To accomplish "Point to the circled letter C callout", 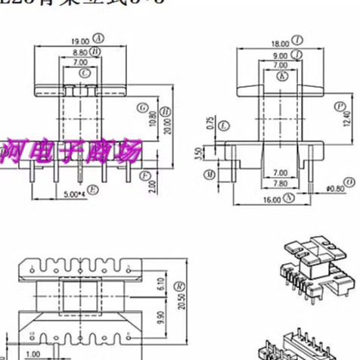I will (x=85, y=73).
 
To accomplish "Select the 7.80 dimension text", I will (x=279, y=183).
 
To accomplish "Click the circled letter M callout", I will (x=209, y=175).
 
